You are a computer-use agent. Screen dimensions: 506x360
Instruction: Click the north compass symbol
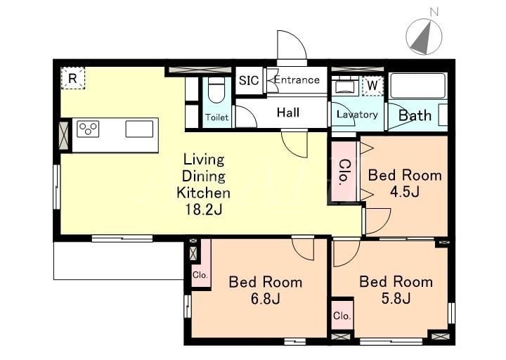point(424,36)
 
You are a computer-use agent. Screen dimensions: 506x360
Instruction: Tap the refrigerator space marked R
point(73,78)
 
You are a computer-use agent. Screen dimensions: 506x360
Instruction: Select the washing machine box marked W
point(372,86)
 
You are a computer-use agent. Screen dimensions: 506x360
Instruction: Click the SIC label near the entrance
point(249,80)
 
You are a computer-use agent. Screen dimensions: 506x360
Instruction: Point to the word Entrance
point(297,79)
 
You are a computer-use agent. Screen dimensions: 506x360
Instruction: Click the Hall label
point(288,112)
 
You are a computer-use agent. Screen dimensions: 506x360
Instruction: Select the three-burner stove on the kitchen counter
point(88,129)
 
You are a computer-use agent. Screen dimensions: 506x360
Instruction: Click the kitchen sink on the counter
point(139,129)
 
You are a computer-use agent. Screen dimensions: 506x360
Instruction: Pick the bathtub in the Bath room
point(417,86)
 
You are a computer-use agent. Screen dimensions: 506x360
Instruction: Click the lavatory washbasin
point(345,86)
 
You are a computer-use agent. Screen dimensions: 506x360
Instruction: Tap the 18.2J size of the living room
point(203,210)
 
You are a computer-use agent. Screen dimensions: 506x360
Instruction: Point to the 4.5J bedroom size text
point(405,192)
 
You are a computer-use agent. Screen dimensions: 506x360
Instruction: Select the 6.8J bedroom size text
point(265,299)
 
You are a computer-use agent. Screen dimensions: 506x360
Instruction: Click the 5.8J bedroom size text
point(396,298)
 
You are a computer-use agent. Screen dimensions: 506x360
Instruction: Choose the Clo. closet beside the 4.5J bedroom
point(344,172)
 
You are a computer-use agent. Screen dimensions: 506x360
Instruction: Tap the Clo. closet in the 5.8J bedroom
point(342,315)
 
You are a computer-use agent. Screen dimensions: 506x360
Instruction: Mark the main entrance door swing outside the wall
point(292,45)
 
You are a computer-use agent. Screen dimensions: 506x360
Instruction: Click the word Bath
point(415,115)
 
